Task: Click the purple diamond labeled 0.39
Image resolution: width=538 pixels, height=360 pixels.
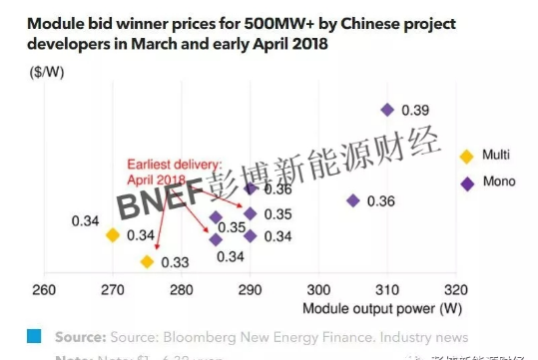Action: [388, 110]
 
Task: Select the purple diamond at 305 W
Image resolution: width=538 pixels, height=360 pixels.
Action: [352, 200]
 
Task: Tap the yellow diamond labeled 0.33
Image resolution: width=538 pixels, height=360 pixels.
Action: [147, 261]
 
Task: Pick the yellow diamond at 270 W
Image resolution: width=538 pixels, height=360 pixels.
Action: [113, 234]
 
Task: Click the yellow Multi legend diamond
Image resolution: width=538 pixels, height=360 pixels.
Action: [465, 156]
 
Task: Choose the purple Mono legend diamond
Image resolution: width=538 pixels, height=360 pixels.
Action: [465, 182]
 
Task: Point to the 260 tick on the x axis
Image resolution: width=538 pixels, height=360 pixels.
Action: [44, 290]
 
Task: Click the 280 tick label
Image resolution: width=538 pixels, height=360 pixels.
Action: [181, 290]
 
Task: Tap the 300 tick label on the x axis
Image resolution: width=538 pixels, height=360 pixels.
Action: [317, 290]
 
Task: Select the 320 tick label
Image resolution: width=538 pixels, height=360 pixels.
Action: [455, 290]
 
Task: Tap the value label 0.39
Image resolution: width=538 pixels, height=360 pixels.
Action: [415, 110]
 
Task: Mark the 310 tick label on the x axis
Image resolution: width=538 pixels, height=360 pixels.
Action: [386, 290]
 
